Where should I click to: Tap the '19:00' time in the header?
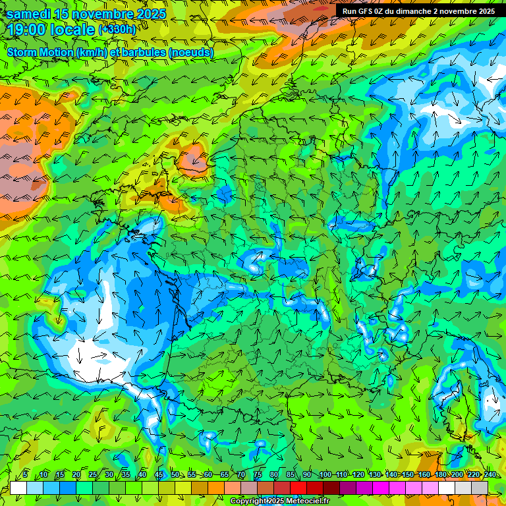click(x=28, y=30)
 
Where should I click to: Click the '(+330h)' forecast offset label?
click(x=118, y=30)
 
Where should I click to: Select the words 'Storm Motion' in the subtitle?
click(x=40, y=52)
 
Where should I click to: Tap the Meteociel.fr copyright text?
click(x=279, y=501)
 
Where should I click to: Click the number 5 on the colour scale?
click(x=24, y=475)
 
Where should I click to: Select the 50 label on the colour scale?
click(x=175, y=475)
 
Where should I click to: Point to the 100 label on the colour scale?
click(x=325, y=475)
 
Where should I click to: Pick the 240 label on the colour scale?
click(x=490, y=475)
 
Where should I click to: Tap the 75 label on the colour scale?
click(x=258, y=475)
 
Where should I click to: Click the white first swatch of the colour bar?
click(x=18, y=488)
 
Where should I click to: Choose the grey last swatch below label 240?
click(x=480, y=488)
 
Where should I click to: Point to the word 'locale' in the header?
click(x=76, y=30)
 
